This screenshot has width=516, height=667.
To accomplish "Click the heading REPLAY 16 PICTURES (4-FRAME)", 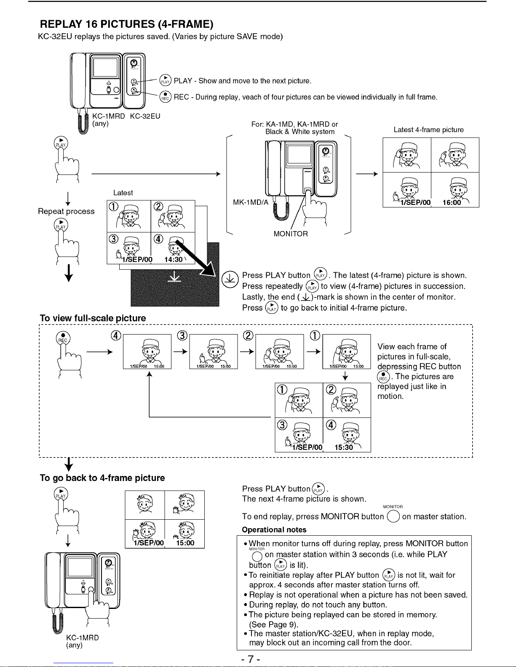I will point(126,24).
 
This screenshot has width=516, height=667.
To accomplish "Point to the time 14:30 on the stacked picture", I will point(174,259).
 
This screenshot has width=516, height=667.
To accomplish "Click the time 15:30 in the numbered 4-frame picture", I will point(344,447).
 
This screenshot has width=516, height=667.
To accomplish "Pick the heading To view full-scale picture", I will point(93,318).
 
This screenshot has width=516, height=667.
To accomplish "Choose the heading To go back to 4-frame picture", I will point(102,478).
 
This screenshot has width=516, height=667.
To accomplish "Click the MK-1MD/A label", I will point(250,202).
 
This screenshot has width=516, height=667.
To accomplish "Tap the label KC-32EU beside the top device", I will point(145,116).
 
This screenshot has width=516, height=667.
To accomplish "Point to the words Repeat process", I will point(66,211).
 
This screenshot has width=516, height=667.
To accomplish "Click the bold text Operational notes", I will point(274,530).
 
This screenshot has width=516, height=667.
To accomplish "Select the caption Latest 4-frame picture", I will point(428,130).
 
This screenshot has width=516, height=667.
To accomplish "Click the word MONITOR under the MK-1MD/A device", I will point(291,234).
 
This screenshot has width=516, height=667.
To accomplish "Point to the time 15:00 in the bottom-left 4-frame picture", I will point(185,543).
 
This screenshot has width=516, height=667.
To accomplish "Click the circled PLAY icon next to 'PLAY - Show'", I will point(165,81).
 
